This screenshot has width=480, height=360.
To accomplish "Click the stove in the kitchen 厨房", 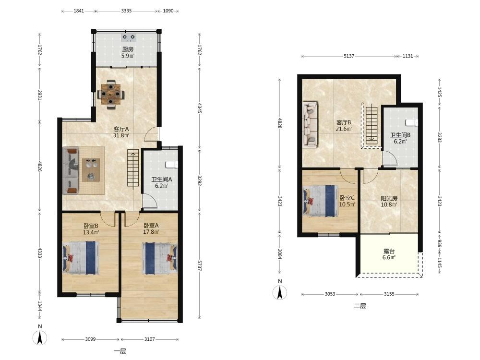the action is pyautogui.click(x=129, y=38).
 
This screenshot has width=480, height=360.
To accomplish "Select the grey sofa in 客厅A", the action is pyautogui.click(x=71, y=170).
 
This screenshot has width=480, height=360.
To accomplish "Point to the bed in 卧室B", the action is pyautogui.click(x=81, y=257).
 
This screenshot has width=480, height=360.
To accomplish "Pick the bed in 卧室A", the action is pyautogui.click(x=159, y=258).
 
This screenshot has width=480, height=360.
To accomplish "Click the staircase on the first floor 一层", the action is pyautogui.click(x=133, y=169).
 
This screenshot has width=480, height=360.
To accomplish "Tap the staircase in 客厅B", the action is pyautogui.click(x=372, y=127).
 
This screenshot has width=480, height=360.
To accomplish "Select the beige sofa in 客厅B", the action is pyautogui.click(x=310, y=124).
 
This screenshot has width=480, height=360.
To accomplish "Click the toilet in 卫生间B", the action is pyautogui.click(x=412, y=122).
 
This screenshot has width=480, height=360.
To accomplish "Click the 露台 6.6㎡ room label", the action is pyautogui.click(x=389, y=254).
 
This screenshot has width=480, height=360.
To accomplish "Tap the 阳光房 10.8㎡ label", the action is pyautogui.click(x=389, y=202).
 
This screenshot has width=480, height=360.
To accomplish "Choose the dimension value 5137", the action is pyautogui.click(x=349, y=56).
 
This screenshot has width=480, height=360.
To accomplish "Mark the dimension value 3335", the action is pyautogui.click(x=126, y=11).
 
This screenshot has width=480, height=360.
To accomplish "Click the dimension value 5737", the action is pyautogui.click(x=199, y=265).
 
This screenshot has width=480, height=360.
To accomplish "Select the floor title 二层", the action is pyautogui.click(x=360, y=306).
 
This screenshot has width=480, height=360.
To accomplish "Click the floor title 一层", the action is pyautogui.click(x=120, y=351).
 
